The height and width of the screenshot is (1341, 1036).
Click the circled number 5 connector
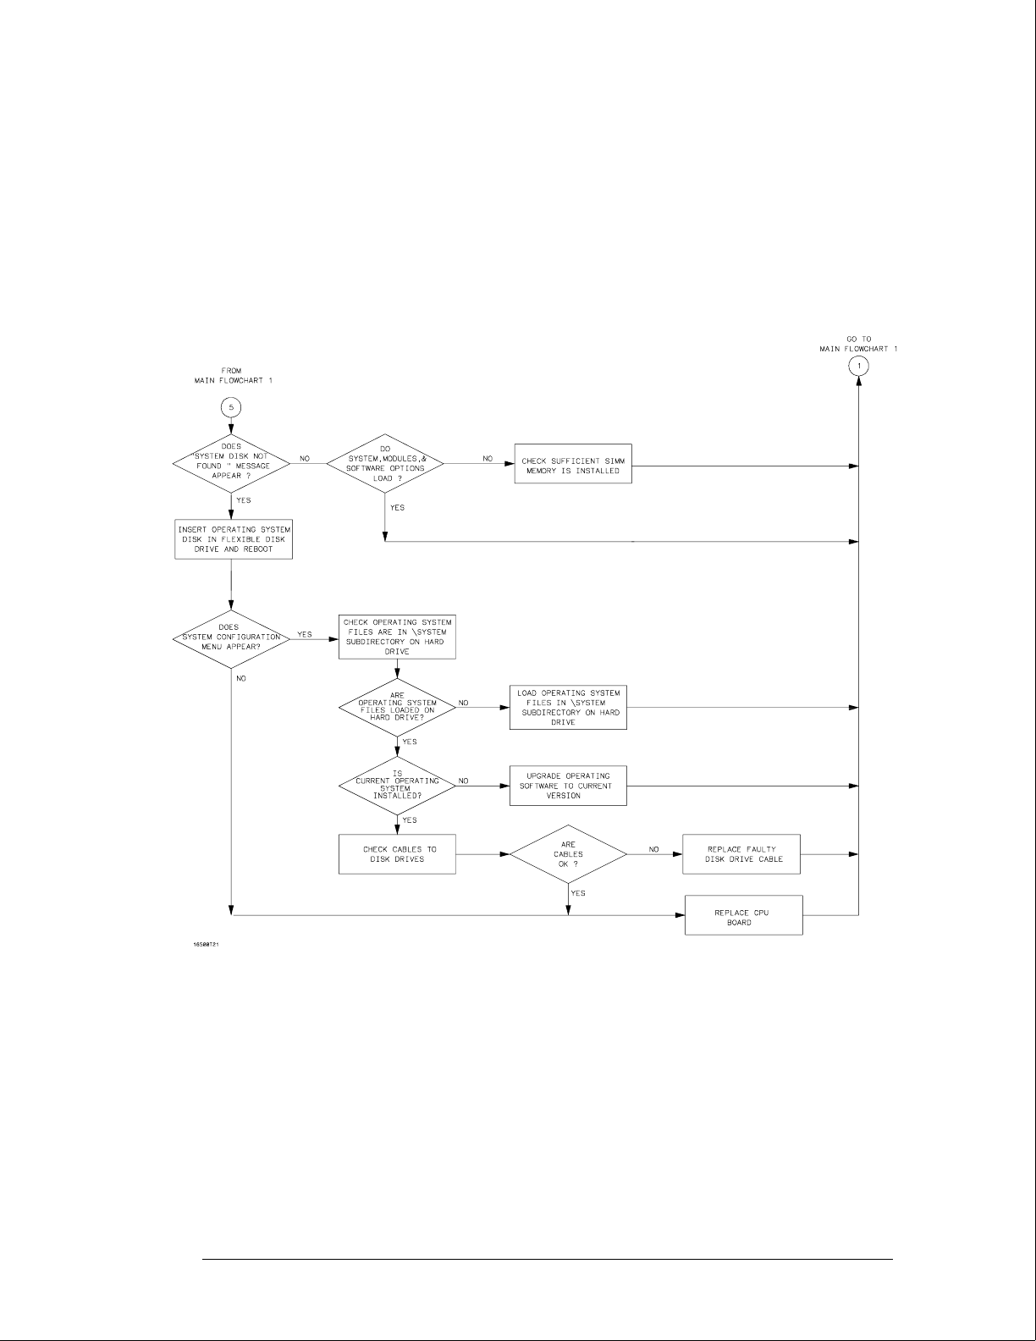(232, 407)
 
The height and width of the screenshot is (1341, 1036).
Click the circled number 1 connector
(859, 366)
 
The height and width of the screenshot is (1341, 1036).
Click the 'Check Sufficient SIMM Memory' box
(573, 466)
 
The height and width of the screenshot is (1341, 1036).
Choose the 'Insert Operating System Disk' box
(234, 539)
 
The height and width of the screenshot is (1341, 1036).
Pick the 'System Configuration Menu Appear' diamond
(231, 640)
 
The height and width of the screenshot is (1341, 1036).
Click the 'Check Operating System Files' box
(397, 637)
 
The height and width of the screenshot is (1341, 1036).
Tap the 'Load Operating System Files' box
(568, 708)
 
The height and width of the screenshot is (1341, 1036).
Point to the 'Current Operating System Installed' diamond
(397, 785)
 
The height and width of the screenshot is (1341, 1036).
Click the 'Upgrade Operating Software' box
(568, 786)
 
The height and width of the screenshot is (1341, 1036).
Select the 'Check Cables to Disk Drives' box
(397, 854)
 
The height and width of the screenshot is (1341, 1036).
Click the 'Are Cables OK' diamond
(568, 854)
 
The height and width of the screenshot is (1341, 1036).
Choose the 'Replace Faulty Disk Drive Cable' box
(741, 854)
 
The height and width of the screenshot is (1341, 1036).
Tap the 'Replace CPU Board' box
(743, 915)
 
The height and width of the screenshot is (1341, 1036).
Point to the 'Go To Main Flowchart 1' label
(859, 344)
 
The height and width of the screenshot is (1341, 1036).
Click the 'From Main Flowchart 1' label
(232, 376)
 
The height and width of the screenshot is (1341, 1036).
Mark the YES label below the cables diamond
(578, 893)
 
